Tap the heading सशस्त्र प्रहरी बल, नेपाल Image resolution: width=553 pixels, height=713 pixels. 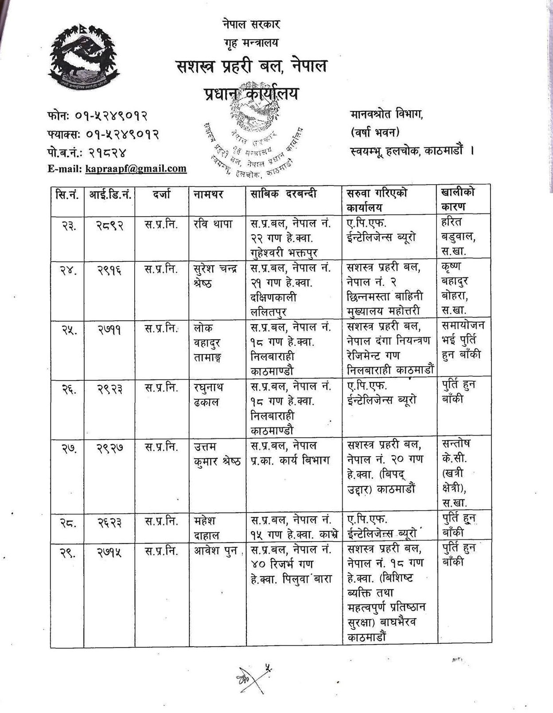(251, 66)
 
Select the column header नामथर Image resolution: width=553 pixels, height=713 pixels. (208, 194)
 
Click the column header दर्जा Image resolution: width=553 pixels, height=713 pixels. (162, 194)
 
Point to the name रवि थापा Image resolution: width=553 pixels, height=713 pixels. (213, 224)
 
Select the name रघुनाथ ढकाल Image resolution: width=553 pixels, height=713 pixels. (209, 395)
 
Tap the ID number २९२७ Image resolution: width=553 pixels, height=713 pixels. (110, 449)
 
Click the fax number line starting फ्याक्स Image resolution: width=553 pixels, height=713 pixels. (103, 134)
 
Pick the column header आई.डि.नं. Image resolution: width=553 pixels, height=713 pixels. (110, 194)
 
